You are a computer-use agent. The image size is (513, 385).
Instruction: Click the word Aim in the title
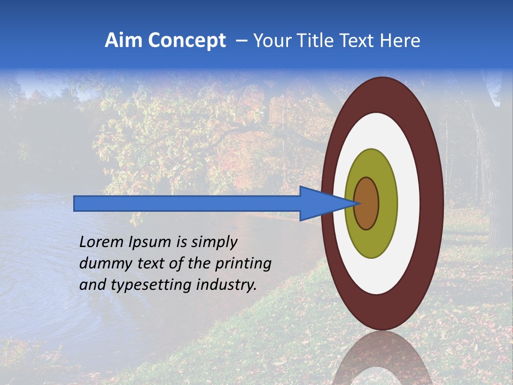(121, 41)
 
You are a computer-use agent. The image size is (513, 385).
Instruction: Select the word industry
(227, 285)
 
